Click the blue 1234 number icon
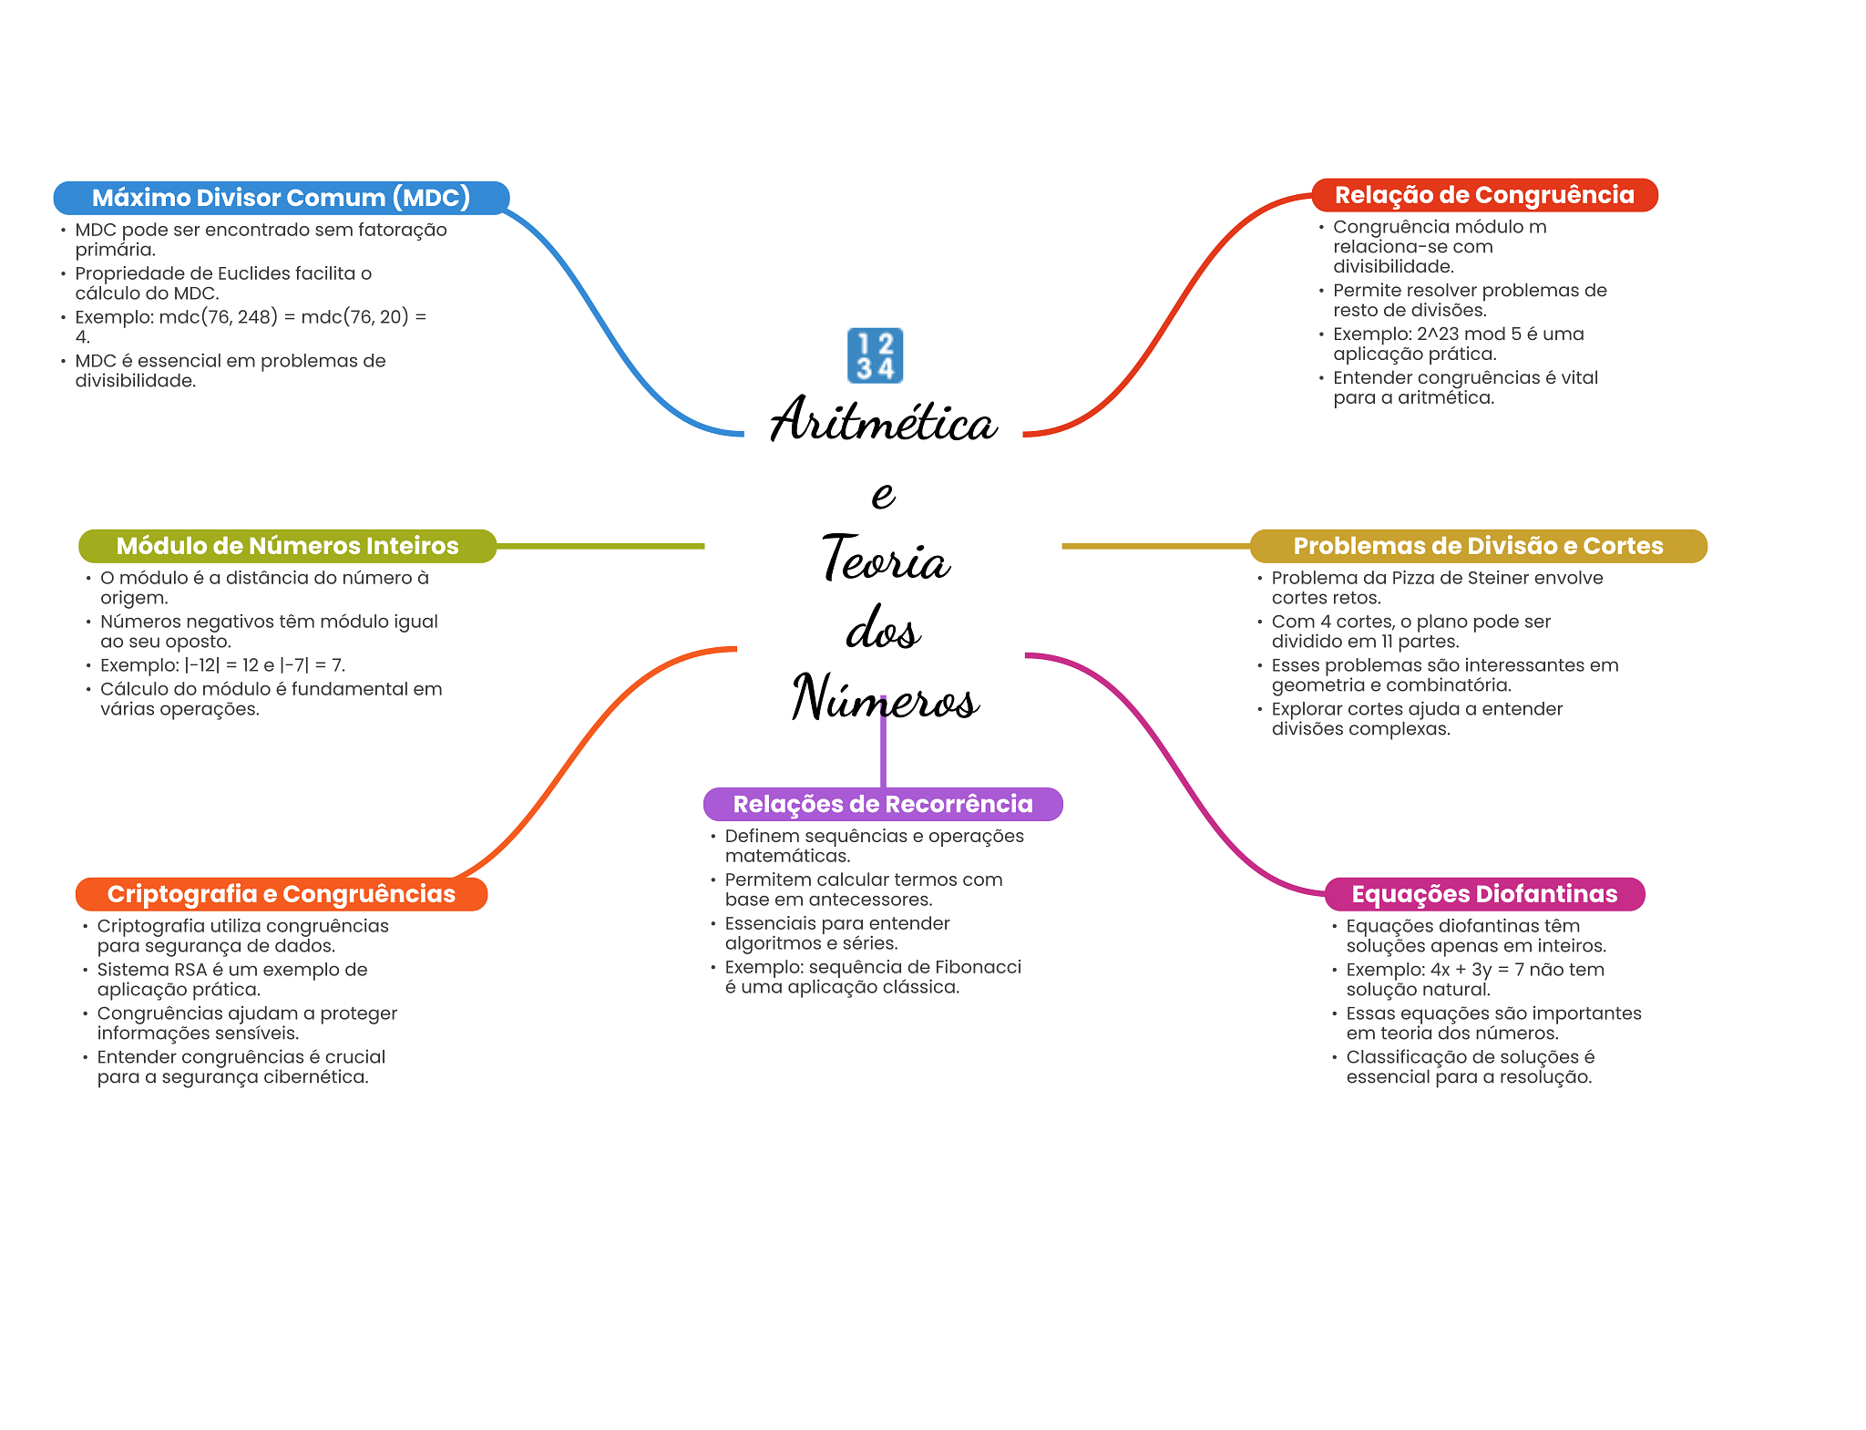tap(875, 355)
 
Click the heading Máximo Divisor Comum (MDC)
tap(281, 198)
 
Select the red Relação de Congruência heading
tap(1483, 195)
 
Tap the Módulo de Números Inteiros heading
tap(287, 546)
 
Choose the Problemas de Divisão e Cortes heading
tap(1478, 546)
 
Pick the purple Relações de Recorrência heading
tap(882, 804)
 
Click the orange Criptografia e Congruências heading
tap(281, 894)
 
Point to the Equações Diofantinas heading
tap(1484, 894)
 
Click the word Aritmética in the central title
tap(883, 422)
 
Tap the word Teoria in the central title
tap(886, 559)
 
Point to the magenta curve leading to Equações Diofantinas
tap(1175, 775)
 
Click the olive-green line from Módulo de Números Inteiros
tap(601, 546)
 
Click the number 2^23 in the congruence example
tap(1438, 334)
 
